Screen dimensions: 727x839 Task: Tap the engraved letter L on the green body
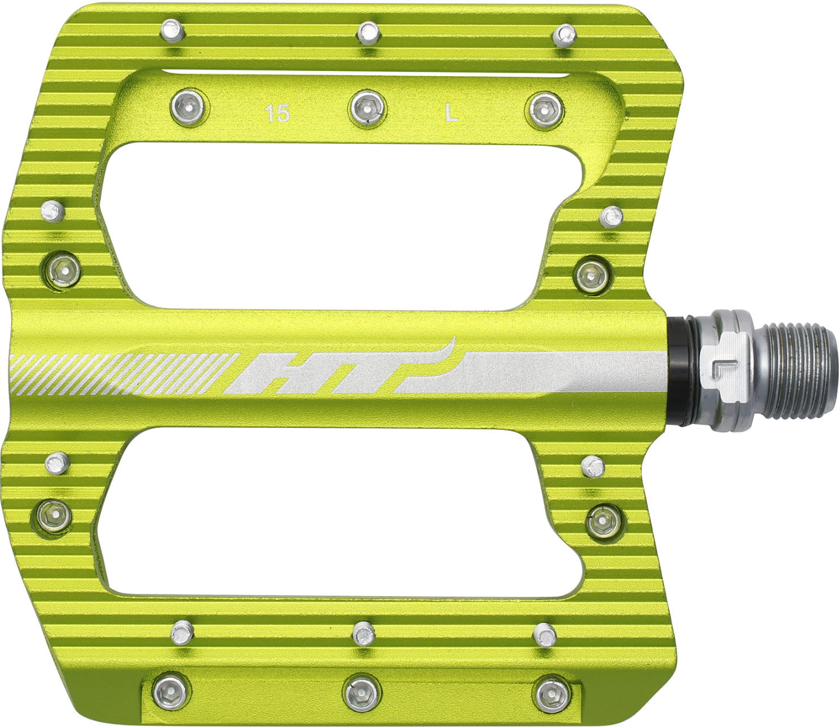click(x=451, y=114)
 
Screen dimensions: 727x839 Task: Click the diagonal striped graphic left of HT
click(x=121, y=373)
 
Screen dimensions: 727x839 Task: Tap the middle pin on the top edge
click(x=367, y=33)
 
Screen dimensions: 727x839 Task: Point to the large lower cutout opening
click(x=333, y=511)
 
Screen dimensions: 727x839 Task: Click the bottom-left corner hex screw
click(x=170, y=690)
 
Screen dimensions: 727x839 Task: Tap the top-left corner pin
click(x=172, y=30)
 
